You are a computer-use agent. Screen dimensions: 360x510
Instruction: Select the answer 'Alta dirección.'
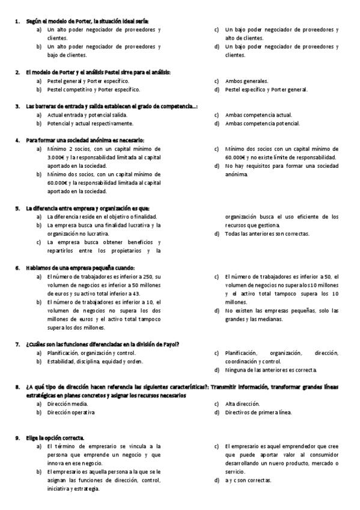click(x=242, y=404)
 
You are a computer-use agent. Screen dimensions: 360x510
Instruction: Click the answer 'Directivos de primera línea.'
click(x=258, y=413)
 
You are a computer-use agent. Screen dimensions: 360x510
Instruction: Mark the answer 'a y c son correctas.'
click(x=248, y=481)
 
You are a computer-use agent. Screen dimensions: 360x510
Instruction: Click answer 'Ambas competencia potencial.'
click(x=262, y=123)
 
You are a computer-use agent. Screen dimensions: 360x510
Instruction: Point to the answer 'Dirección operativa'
click(x=70, y=413)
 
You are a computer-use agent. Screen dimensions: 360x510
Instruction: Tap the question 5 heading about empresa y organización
click(x=87, y=208)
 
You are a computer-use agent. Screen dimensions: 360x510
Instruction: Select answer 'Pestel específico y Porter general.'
click(x=266, y=89)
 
